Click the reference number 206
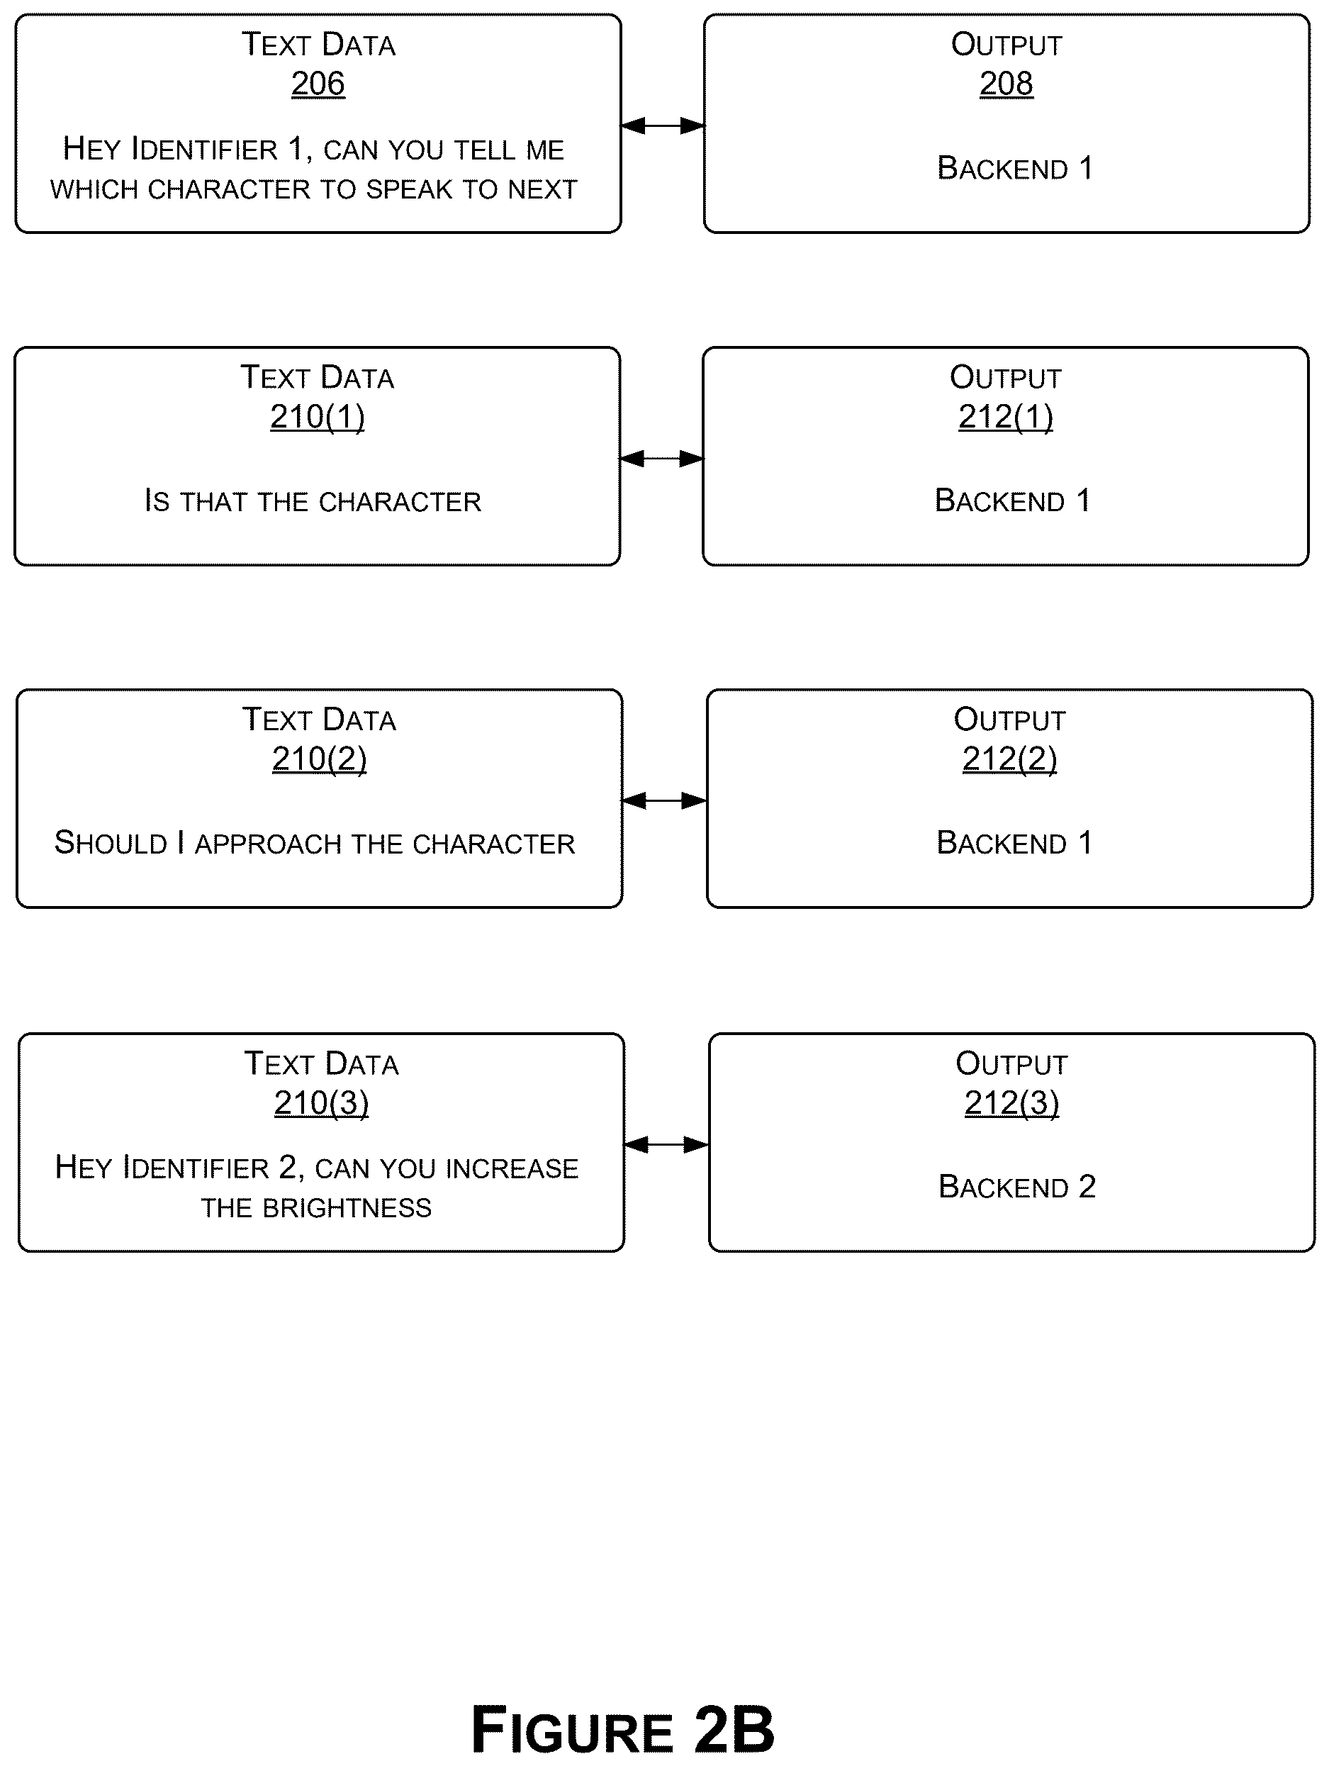pyautogui.click(x=318, y=84)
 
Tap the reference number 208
pyautogui.click(x=1006, y=84)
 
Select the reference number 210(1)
pyautogui.click(x=317, y=417)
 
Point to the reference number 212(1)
pyautogui.click(x=1006, y=417)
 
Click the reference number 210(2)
pyautogui.click(x=319, y=759)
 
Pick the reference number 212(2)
pyautogui.click(x=1010, y=759)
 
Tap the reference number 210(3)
pyautogui.click(x=321, y=1103)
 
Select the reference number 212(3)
pyautogui.click(x=1011, y=1103)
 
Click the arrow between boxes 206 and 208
pyautogui.click(x=663, y=125)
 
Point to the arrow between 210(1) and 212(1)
pyautogui.click(x=662, y=458)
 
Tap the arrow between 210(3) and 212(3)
pyautogui.click(x=666, y=1145)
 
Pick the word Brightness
pyautogui.click(x=347, y=1208)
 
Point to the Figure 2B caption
pyautogui.click(x=622, y=1729)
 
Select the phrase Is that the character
pyautogui.click(x=313, y=501)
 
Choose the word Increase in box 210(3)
pyautogui.click(x=512, y=1169)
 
